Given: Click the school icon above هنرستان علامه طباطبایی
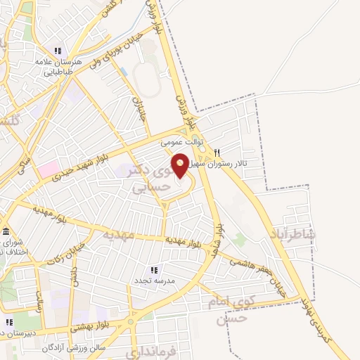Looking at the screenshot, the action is pyautogui.click(x=58, y=51).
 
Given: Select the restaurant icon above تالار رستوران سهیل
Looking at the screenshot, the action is pyautogui.click(x=217, y=153).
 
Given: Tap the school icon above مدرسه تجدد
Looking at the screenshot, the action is pyautogui.click(x=154, y=270).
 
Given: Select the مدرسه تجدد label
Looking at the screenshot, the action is pyautogui.click(x=154, y=281).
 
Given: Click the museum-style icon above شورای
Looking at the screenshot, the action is pyautogui.click(x=6, y=232).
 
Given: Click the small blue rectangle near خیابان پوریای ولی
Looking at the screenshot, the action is pyautogui.click(x=124, y=72).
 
